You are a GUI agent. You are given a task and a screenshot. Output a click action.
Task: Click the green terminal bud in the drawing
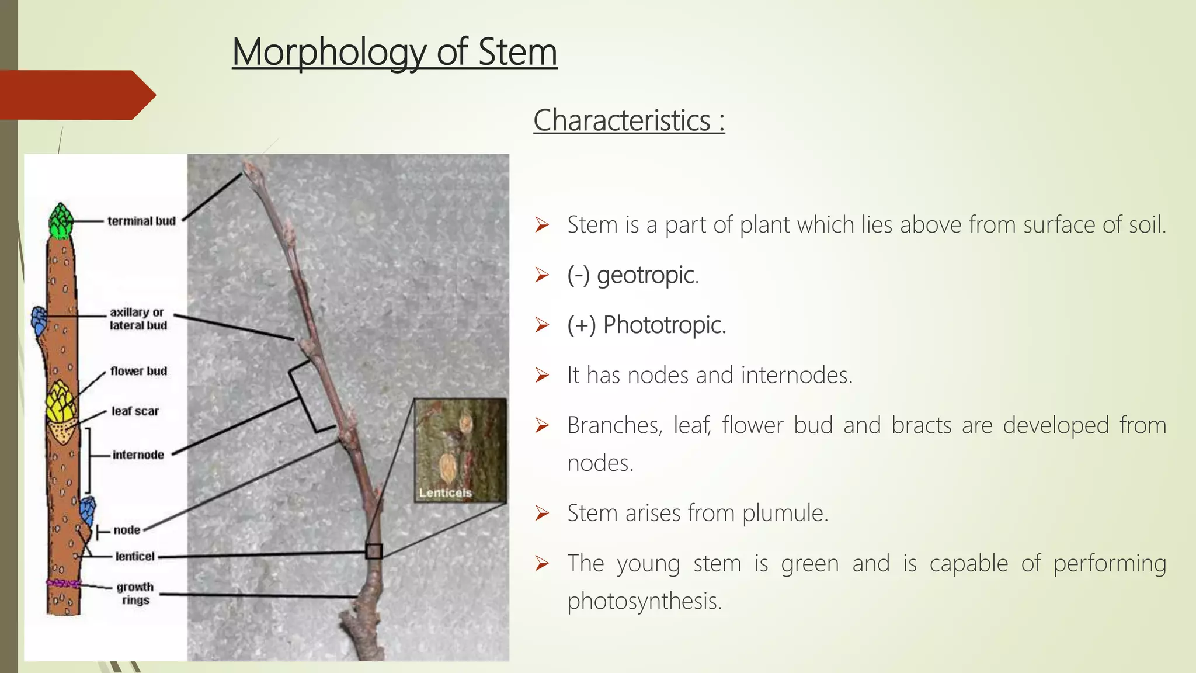[61, 221]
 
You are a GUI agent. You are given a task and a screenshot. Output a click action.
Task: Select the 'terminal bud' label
[141, 221]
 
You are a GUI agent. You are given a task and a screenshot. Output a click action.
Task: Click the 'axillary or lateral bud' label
[138, 319]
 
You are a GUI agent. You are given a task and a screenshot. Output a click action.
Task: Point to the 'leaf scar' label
[135, 411]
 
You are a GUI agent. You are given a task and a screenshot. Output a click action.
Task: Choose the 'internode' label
[138, 455]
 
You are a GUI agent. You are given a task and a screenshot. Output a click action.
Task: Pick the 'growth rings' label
[135, 594]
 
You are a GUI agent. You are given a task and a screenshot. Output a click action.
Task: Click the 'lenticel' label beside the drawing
[135, 556]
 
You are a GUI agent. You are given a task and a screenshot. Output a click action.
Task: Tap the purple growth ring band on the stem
[63, 583]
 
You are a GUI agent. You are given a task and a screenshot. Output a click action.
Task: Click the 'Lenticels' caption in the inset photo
[445, 492]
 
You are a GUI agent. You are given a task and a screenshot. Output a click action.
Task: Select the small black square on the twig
[374, 551]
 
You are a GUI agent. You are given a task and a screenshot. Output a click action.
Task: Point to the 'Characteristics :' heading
[629, 120]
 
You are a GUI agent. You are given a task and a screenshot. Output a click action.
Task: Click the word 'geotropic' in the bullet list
[646, 275]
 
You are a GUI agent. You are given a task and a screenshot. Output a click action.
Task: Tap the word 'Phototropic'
[664, 325]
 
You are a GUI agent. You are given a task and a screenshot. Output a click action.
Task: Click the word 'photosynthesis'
[644, 601]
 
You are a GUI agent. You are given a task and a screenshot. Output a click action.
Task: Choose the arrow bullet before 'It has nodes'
[542, 375]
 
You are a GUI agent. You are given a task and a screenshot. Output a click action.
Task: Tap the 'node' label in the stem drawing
[127, 530]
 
